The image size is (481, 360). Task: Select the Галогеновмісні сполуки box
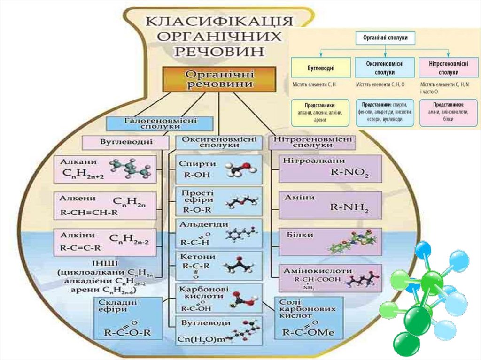coord(161,123)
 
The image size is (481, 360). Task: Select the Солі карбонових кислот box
coord(308,318)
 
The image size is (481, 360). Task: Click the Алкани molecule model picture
coord(132,168)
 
